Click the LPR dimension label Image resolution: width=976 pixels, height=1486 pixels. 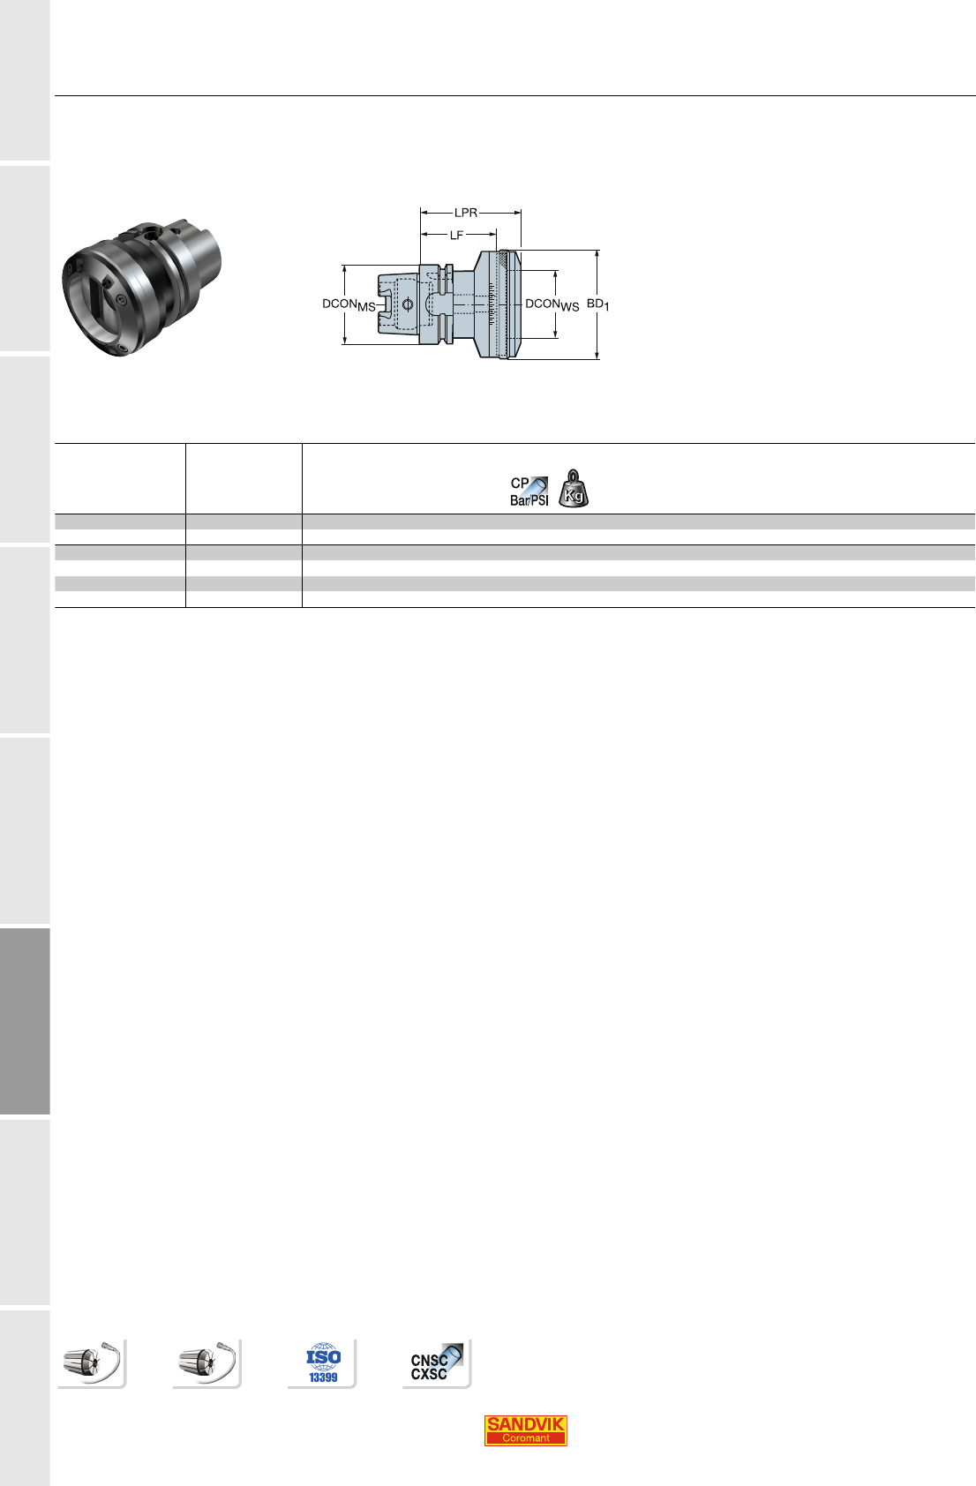click(466, 213)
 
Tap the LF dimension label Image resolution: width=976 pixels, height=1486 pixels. click(456, 235)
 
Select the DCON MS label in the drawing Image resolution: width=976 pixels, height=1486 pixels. click(349, 305)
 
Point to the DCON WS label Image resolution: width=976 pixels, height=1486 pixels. click(552, 305)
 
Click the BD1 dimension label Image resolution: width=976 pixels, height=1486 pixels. click(597, 304)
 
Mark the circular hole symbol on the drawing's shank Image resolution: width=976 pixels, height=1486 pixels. click(408, 305)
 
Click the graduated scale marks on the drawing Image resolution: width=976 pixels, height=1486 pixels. click(491, 304)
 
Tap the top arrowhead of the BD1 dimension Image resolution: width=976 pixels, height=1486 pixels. click(597, 253)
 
